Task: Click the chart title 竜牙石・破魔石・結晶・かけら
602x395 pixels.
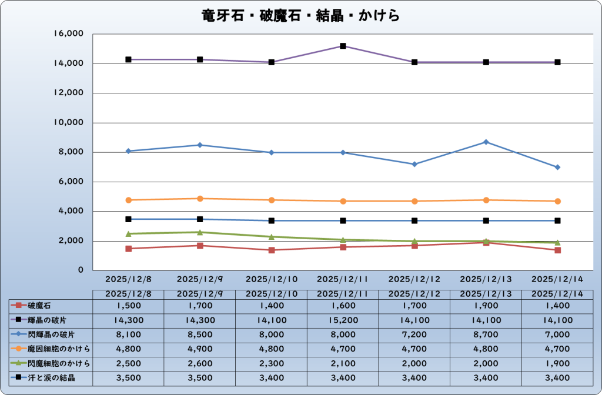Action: click(x=300, y=15)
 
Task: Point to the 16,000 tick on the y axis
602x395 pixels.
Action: click(x=69, y=34)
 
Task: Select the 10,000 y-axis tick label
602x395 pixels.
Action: click(x=69, y=122)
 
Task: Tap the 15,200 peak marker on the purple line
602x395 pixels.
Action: click(x=343, y=46)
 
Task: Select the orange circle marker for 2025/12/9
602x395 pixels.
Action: click(x=200, y=199)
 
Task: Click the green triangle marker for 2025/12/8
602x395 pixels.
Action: click(x=128, y=233)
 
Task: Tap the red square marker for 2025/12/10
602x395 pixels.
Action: click(x=272, y=250)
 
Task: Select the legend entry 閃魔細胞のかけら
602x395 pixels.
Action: click(x=55, y=363)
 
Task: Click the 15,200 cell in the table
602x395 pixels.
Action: click(x=343, y=320)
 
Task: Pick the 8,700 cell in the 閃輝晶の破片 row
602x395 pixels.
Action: click(x=486, y=334)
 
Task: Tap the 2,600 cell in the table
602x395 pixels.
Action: click(x=200, y=363)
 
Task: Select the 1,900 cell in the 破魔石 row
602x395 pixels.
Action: click(x=486, y=306)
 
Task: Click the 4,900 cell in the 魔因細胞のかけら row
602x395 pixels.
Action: click(x=200, y=349)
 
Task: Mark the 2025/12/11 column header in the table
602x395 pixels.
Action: click(x=343, y=293)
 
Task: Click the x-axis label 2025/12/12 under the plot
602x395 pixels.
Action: click(x=414, y=279)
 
